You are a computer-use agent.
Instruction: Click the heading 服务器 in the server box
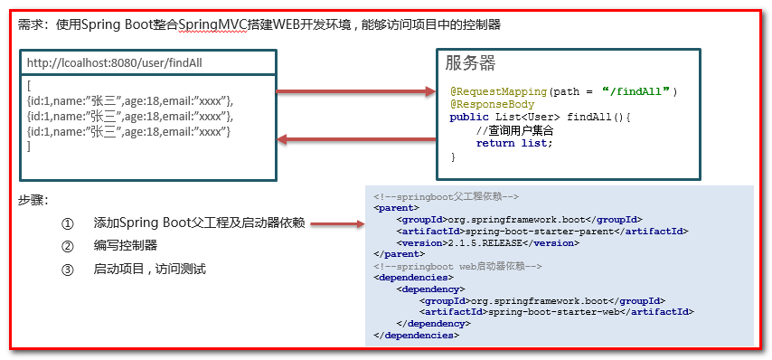470,63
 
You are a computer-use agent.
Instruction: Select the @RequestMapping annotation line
562,91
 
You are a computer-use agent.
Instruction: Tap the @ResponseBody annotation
492,104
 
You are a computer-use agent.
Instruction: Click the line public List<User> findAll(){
539,118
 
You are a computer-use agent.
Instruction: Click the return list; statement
513,143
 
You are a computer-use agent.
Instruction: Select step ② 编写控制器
126,245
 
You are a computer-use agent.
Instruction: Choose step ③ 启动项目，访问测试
149,269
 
